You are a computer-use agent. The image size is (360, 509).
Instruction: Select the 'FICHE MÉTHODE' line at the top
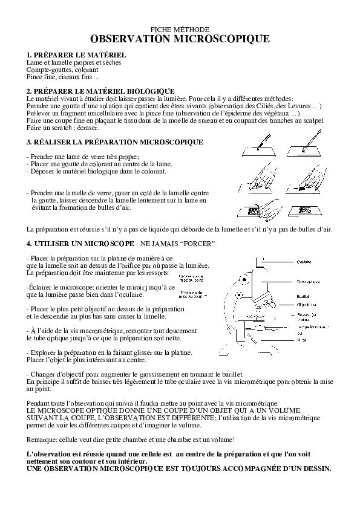click(x=180, y=29)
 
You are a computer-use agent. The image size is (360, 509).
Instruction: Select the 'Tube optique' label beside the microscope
click(x=309, y=281)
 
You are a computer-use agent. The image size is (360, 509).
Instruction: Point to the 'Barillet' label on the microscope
click(x=303, y=297)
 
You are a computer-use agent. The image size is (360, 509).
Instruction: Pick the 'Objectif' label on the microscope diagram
click(x=304, y=305)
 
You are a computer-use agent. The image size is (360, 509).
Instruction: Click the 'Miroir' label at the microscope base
click(x=301, y=340)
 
